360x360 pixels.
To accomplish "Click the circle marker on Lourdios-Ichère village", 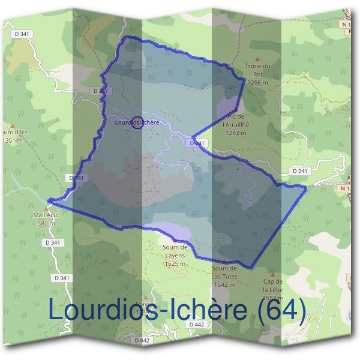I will [137, 122].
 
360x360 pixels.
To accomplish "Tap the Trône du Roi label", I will [259, 69].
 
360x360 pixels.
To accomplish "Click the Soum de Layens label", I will [175, 250].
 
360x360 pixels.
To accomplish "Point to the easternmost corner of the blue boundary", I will [306, 187].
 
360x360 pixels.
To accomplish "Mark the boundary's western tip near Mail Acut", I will [49, 200].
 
